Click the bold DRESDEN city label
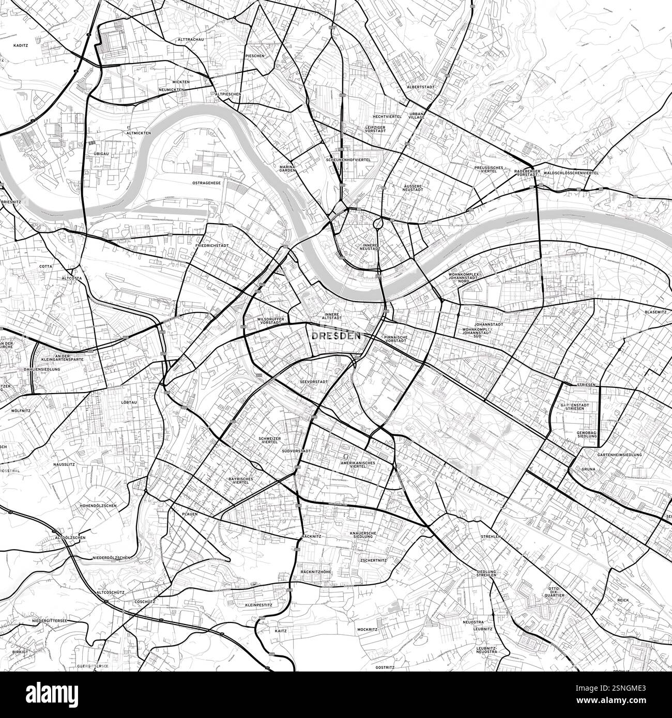(336, 336)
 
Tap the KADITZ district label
(21, 45)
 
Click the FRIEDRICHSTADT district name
(212, 246)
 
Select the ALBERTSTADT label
(418, 87)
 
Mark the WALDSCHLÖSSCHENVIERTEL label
(571, 173)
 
